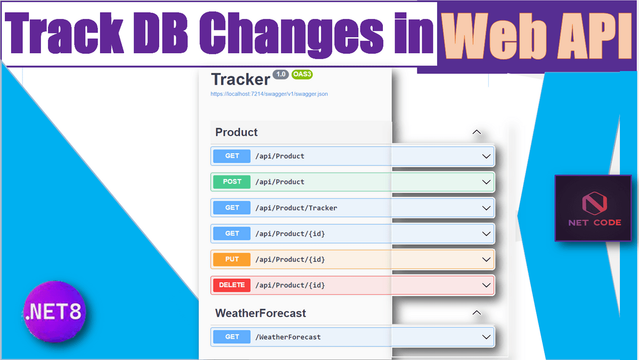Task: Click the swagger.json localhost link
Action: click(x=269, y=94)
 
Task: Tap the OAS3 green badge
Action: click(x=302, y=75)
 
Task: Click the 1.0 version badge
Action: click(x=281, y=75)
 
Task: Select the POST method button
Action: click(x=232, y=182)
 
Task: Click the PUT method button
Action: click(x=232, y=259)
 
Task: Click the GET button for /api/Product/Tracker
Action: click(x=232, y=208)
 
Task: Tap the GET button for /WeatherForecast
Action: click(x=232, y=337)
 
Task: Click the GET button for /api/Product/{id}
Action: click(x=232, y=234)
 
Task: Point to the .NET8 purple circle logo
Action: click(x=54, y=312)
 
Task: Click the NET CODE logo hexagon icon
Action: click(x=594, y=203)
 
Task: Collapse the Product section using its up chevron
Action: click(x=477, y=133)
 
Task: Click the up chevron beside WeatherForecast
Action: click(x=477, y=313)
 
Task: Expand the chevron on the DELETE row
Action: click(x=486, y=285)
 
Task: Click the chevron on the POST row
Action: click(x=486, y=182)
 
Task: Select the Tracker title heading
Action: click(x=241, y=79)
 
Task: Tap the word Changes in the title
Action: click(x=291, y=34)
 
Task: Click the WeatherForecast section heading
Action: click(x=260, y=313)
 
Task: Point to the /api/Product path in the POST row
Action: click(x=280, y=182)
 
